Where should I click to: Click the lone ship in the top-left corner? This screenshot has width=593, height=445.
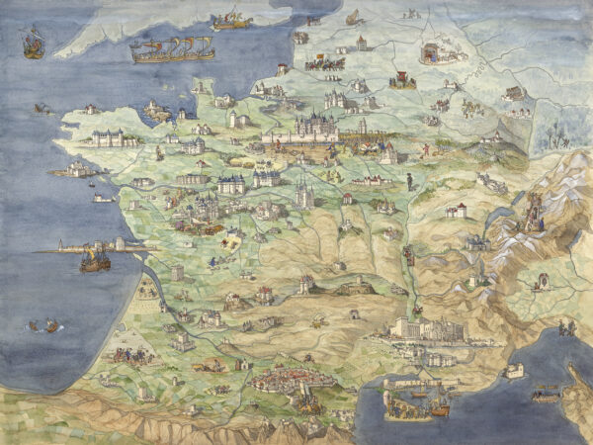[x=33, y=42]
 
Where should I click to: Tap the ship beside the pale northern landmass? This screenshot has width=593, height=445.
[x=232, y=19]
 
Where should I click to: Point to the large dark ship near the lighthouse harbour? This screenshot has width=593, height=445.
[x=94, y=259]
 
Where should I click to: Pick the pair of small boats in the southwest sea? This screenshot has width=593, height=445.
[x=43, y=324]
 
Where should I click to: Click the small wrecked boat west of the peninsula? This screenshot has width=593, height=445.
[x=42, y=108]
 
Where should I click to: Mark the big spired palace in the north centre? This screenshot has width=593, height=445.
[x=316, y=127]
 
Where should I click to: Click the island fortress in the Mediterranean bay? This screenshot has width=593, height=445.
[x=513, y=370]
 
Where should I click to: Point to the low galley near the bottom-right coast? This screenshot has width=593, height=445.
[x=545, y=395]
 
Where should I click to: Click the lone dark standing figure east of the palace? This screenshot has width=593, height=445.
[x=408, y=183]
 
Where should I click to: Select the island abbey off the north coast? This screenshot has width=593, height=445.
[x=155, y=109]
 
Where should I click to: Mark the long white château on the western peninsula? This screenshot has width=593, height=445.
[x=114, y=138]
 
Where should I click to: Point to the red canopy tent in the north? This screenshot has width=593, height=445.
[x=403, y=79]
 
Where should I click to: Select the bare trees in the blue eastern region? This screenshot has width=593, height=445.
[x=562, y=129]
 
